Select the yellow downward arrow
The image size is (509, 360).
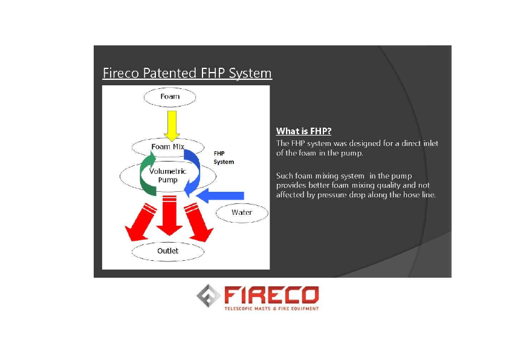click(172, 126)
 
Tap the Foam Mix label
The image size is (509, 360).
click(168, 147)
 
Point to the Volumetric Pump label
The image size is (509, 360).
click(167, 175)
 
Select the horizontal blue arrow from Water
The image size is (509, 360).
click(220, 195)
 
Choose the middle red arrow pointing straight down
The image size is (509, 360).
click(169, 215)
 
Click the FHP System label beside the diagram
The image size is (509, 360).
click(224, 157)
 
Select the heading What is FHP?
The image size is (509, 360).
click(303, 131)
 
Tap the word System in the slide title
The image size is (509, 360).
click(250, 73)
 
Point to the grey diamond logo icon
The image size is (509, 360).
click(208, 296)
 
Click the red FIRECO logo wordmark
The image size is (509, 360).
click(271, 295)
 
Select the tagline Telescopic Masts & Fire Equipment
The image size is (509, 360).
click(271, 309)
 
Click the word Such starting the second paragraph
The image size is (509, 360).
click(284, 176)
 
